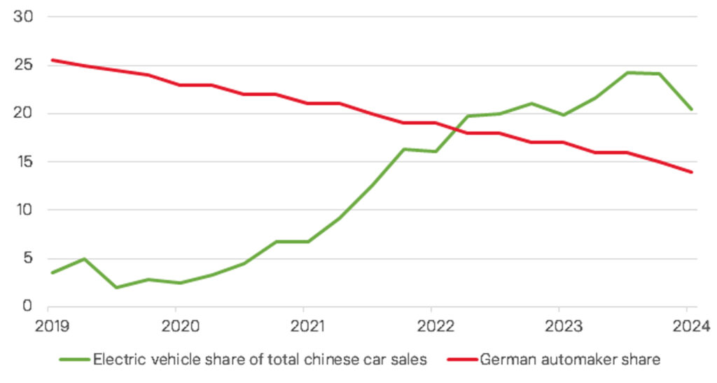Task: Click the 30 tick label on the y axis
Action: click(22, 17)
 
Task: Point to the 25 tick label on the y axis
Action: click(22, 65)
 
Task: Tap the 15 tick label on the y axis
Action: click(22, 161)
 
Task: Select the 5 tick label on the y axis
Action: click(28, 258)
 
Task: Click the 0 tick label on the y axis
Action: click(28, 306)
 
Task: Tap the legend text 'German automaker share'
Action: click(570, 361)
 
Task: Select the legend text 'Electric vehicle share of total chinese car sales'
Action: click(259, 361)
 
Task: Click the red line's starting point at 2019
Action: click(48, 60)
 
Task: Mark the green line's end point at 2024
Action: click(692, 109)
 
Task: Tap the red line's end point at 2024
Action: click(692, 172)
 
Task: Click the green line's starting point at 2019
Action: click(48, 273)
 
